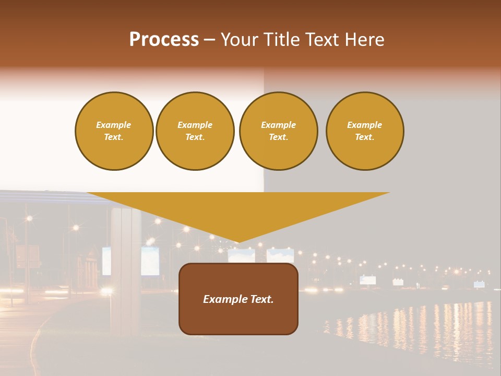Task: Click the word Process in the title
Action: point(164,40)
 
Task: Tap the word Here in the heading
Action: point(365,40)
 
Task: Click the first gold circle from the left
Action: point(114,131)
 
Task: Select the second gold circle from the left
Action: point(195,131)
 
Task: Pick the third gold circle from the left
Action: point(278,131)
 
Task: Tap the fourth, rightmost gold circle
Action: point(365,131)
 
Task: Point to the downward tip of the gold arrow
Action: point(238,241)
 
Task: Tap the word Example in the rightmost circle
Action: point(365,125)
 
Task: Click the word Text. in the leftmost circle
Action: point(114,137)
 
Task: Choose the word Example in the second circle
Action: point(195,125)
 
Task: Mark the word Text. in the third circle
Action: point(278,137)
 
